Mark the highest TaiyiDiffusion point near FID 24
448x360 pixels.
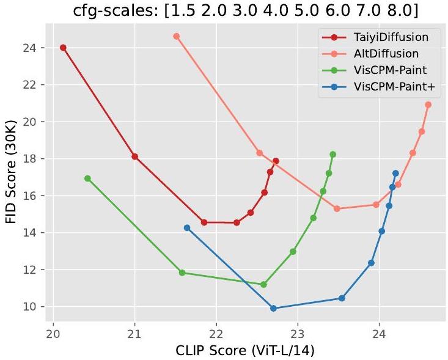tap(63, 48)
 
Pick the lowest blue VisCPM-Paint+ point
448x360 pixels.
tap(273, 309)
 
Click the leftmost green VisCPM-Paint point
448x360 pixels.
tap(87, 178)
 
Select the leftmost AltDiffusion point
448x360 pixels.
tap(177, 36)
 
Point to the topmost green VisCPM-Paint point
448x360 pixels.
tap(332, 154)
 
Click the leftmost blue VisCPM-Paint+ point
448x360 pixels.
tap(187, 228)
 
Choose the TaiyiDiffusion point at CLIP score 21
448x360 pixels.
tap(135, 156)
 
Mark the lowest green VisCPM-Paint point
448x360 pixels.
tap(263, 285)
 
